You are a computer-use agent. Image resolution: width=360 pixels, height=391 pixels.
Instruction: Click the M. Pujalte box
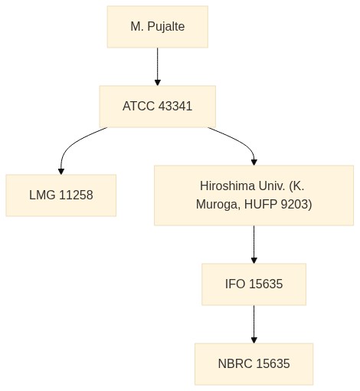[158, 27]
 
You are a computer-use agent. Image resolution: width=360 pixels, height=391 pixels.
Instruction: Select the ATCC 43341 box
[158, 107]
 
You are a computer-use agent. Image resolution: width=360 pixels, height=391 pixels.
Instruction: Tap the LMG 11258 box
[61, 195]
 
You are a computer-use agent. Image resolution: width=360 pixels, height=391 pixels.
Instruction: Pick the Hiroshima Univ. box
[254, 195]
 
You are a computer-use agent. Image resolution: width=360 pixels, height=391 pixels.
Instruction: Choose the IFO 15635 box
[254, 284]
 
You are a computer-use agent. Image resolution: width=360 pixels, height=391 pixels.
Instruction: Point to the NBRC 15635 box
[254, 364]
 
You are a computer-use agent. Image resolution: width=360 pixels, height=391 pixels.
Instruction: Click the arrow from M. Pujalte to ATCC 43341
[158, 67]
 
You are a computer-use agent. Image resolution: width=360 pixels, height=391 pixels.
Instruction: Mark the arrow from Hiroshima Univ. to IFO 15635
[254, 245]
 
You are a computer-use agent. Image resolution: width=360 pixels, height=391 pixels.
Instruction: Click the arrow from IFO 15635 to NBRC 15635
[254, 324]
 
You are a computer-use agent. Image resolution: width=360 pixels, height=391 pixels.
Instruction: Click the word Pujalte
[166, 27]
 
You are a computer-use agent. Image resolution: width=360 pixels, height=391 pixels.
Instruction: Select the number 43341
[175, 106]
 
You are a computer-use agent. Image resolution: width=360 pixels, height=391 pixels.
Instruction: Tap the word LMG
[42, 195]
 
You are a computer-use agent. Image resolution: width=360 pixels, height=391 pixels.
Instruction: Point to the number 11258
[76, 195]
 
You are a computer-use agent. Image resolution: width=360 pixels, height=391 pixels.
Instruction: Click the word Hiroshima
[227, 186]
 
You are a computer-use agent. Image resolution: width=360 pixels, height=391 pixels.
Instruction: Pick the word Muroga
[218, 205]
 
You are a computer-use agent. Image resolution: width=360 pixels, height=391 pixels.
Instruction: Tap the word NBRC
[235, 363]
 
